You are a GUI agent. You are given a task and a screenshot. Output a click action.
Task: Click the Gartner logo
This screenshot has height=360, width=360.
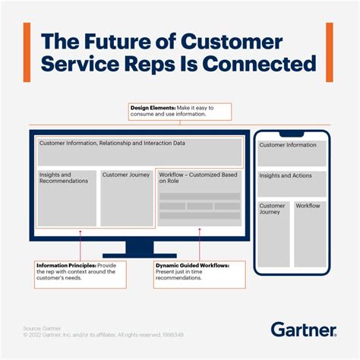pos(303,330)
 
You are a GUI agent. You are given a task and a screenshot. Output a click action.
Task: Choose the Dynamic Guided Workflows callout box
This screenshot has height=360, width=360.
pos(199,272)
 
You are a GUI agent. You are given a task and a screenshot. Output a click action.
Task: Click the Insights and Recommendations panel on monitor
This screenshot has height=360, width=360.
pos(67,197)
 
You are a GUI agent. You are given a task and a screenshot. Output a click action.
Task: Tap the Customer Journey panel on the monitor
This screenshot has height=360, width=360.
pos(127,197)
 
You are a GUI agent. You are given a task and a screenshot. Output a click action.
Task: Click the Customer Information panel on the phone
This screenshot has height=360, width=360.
pos(292,153)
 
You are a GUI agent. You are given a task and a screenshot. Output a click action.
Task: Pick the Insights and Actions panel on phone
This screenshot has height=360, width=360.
pos(292,183)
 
